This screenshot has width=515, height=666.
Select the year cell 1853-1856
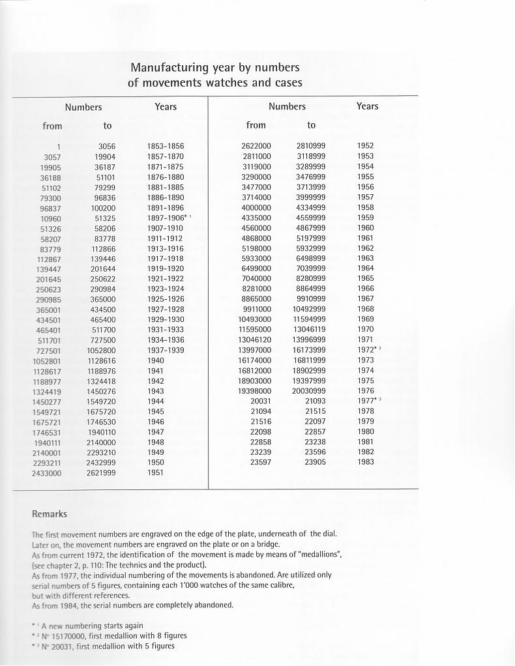(x=166, y=147)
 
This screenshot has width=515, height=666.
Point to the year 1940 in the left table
(x=156, y=360)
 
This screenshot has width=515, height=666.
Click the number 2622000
(x=256, y=146)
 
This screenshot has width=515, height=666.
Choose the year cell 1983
(x=366, y=462)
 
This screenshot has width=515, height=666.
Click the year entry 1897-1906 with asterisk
(x=168, y=218)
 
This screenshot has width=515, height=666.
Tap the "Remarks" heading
(x=50, y=514)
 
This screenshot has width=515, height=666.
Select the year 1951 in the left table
(x=156, y=472)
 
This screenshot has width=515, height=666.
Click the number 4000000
(x=256, y=207)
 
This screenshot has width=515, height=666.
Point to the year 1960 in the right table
(x=366, y=228)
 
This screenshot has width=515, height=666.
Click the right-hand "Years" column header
(x=367, y=106)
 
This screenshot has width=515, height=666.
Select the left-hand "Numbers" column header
(x=83, y=107)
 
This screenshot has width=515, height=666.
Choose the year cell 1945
(x=156, y=412)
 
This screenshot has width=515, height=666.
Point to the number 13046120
(x=254, y=340)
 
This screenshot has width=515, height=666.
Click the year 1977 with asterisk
(x=368, y=401)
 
